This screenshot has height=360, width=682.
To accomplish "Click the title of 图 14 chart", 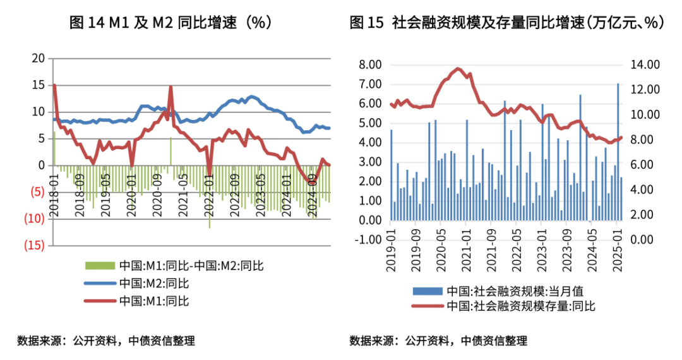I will coord(170,23).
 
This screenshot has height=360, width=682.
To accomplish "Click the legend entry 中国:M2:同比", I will coord(153,283).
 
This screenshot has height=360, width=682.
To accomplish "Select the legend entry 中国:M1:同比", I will coord(153,301).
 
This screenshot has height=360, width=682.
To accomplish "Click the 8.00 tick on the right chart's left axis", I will coord(371,64).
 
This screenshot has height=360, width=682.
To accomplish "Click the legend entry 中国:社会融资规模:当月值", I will coord(511,291).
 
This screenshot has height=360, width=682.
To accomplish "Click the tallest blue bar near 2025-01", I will coord(618,152).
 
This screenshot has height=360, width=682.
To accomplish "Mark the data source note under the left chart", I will coord(106,341).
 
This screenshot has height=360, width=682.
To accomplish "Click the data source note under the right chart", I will coord(438,341).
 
